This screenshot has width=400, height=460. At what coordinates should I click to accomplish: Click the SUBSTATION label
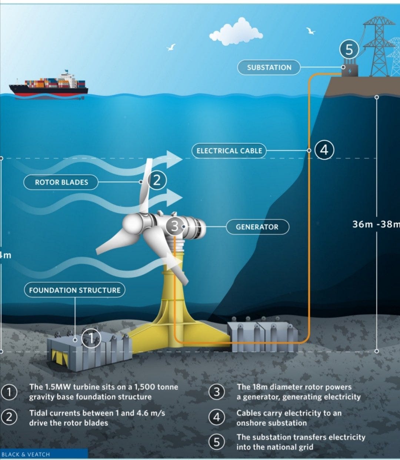click(269, 67)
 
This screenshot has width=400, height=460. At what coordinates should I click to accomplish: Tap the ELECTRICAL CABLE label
click(229, 151)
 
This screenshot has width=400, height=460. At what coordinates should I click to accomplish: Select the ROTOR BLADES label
click(61, 182)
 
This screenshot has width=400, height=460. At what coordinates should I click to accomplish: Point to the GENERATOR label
click(257, 227)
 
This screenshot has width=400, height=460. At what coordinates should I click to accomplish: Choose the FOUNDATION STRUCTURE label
click(74, 290)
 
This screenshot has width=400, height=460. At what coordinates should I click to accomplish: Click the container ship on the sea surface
click(49, 86)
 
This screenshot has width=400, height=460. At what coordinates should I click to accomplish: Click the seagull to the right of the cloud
click(310, 31)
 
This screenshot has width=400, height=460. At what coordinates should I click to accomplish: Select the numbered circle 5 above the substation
click(349, 49)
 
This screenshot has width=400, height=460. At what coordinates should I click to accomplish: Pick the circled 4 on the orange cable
click(324, 150)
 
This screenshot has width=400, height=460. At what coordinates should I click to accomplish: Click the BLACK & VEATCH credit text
click(26, 454)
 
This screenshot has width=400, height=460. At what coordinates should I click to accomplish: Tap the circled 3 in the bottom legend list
click(217, 392)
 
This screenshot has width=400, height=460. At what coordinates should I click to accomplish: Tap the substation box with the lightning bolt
click(349, 70)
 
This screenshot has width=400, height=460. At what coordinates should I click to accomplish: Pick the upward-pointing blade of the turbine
click(146, 185)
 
